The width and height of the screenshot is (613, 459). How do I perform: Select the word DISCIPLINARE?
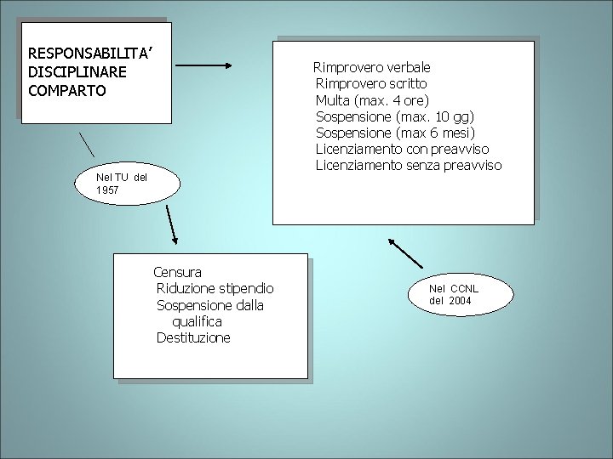click(x=77, y=71)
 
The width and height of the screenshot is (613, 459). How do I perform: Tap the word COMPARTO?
click(x=67, y=89)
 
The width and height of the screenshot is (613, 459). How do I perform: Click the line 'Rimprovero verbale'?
click(x=372, y=66)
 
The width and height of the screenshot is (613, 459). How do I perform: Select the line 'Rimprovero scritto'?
click(x=371, y=83)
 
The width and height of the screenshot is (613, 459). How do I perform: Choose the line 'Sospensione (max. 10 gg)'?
click(x=395, y=116)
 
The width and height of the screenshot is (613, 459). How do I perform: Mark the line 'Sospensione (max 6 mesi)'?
click(x=395, y=133)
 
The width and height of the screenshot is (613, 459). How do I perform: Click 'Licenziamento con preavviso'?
click(x=402, y=149)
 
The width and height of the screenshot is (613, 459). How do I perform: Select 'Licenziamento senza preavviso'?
click(x=409, y=165)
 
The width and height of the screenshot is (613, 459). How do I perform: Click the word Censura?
click(x=177, y=272)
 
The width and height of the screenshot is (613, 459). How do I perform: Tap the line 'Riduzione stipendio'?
click(x=215, y=288)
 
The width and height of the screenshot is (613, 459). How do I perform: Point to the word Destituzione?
click(x=193, y=337)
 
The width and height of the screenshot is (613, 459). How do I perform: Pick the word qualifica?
click(x=197, y=321)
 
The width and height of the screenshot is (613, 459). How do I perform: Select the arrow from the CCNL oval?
click(x=406, y=252)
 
